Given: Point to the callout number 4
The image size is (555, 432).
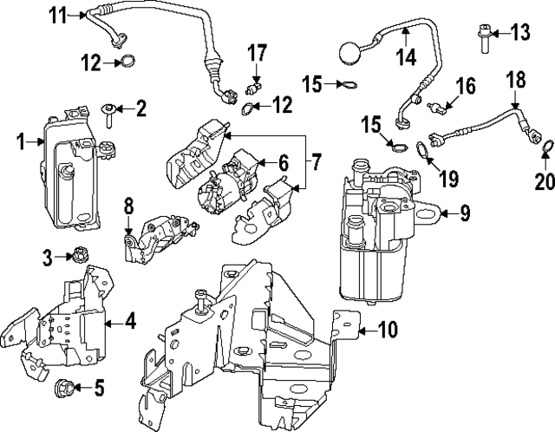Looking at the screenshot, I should pyautogui.click(x=130, y=322).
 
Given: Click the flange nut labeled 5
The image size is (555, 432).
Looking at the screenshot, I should pyautogui.click(x=64, y=387).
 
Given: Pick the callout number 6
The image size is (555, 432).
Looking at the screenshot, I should pyautogui.click(x=283, y=161).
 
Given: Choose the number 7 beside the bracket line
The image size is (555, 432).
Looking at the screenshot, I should pyautogui.click(x=317, y=161).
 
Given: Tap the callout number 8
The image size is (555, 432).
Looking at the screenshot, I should pyautogui.click(x=128, y=206).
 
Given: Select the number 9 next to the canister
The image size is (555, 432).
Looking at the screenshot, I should pyautogui.click(x=465, y=212).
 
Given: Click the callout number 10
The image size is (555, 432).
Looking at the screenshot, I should pyautogui.click(x=387, y=329).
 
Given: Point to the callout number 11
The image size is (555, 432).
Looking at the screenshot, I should pyautogui.click(x=57, y=14).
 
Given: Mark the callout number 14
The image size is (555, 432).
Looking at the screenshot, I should pyautogui.click(x=406, y=58).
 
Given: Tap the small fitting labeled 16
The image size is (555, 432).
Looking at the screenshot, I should pyautogui.click(x=443, y=108).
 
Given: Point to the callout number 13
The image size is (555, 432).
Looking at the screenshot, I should pyautogui.click(x=519, y=34).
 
